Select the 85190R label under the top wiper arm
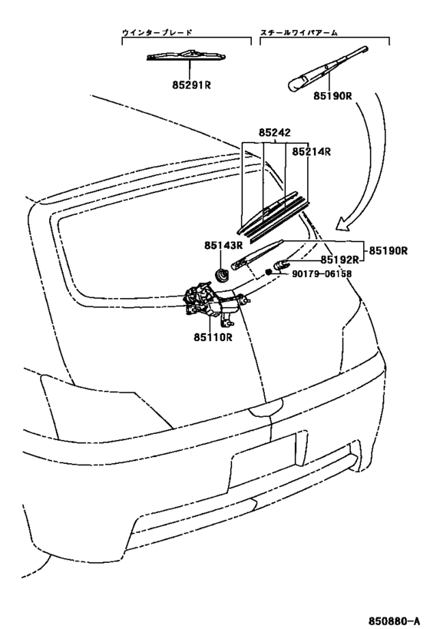tap(331, 98)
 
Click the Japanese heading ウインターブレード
tap(157, 34)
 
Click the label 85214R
tap(311, 151)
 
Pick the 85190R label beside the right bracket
tap(388, 250)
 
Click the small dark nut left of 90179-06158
tap(270, 272)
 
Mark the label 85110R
tap(212, 336)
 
